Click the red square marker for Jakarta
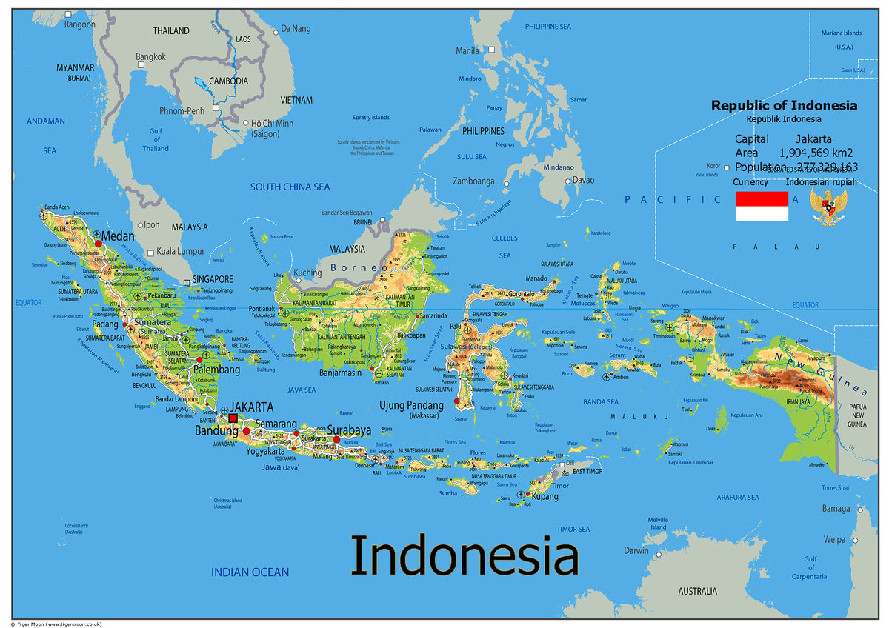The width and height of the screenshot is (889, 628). [x=233, y=418]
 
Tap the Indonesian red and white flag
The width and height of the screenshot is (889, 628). [x=761, y=206]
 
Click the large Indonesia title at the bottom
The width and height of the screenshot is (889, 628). [x=464, y=555]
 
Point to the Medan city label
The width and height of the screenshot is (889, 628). [x=118, y=235]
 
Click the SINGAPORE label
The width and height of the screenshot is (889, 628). [x=213, y=279]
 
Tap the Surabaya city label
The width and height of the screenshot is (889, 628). [x=349, y=430]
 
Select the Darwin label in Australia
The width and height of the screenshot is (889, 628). [x=636, y=551]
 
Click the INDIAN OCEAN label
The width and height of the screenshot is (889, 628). [x=250, y=572]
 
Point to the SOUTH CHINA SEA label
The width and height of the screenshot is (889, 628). [x=290, y=187]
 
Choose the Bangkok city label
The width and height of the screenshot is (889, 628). [x=150, y=56]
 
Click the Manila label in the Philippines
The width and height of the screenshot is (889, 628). [x=467, y=51]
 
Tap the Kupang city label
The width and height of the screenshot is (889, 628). [x=545, y=496]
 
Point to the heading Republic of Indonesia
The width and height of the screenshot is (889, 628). [x=784, y=105]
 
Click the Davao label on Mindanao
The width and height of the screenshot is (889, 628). [x=583, y=180]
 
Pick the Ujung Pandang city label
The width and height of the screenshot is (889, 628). [x=411, y=405]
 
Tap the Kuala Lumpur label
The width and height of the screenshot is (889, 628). [x=182, y=252]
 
